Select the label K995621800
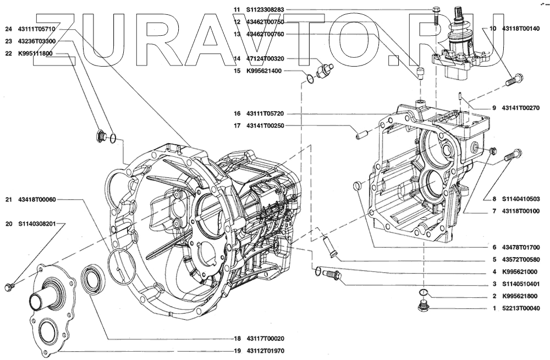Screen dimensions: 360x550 [x=520, y=296]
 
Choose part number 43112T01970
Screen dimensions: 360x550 [x=265, y=351]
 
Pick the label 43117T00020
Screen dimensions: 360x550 [x=265, y=339]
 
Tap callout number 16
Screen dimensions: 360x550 [x=237, y=114]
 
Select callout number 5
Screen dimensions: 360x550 [x=493, y=259]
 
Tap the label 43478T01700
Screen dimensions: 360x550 [x=520, y=247]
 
